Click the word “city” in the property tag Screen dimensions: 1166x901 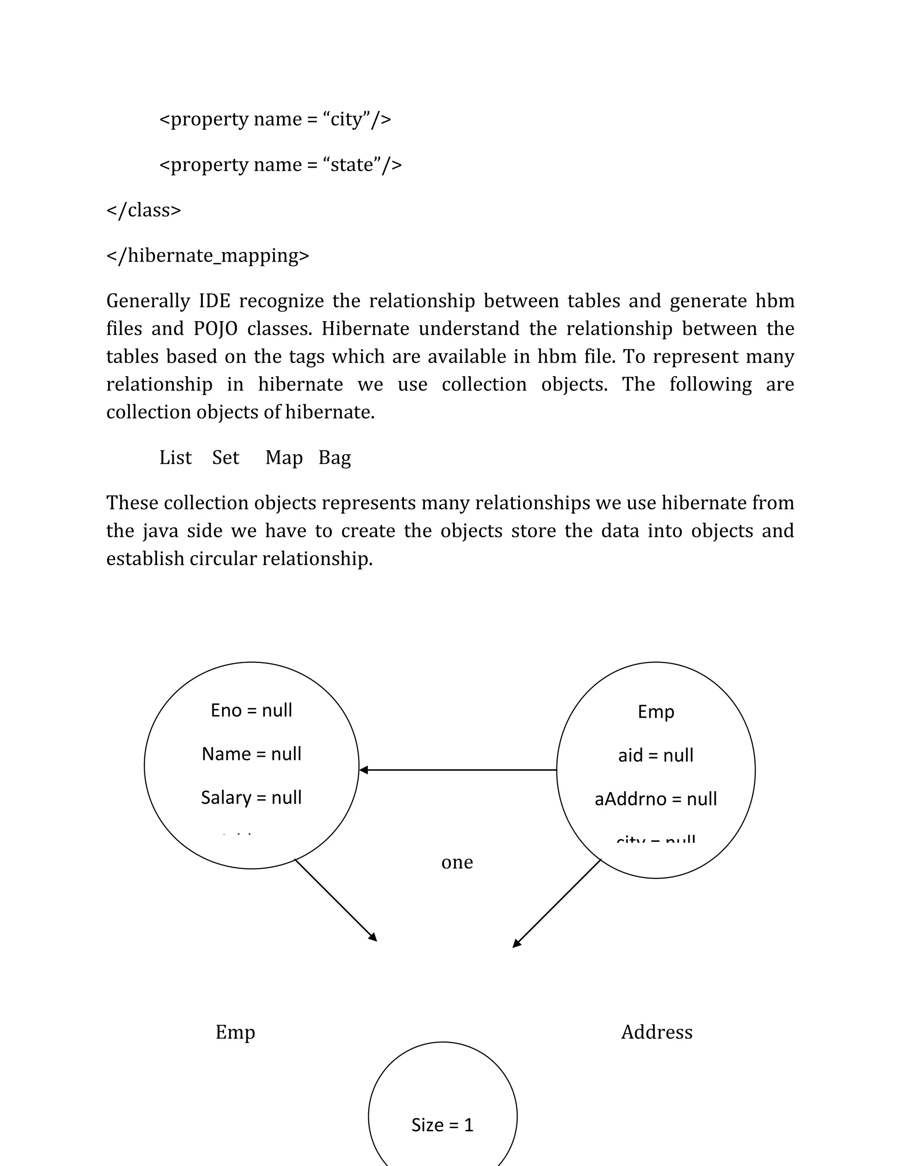click(346, 119)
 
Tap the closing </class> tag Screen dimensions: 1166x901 click(143, 210)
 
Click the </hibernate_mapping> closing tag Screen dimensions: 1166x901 click(208, 256)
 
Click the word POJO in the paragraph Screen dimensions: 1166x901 click(215, 329)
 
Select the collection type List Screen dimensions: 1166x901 click(175, 458)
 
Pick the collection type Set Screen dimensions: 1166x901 click(225, 458)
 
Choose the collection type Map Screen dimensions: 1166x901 click(283, 458)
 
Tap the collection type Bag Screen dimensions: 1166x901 click(335, 458)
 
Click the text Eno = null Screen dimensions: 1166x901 click(251, 710)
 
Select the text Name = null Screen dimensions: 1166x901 click(251, 754)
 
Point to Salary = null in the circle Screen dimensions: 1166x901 click(251, 797)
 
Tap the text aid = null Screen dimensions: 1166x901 click(656, 755)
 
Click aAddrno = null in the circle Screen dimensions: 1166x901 click(656, 799)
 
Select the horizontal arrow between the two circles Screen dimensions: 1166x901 click(458, 770)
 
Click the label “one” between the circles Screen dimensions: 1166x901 click(457, 862)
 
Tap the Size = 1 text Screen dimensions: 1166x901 click(443, 1125)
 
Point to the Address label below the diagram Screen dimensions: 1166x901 click(656, 1032)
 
